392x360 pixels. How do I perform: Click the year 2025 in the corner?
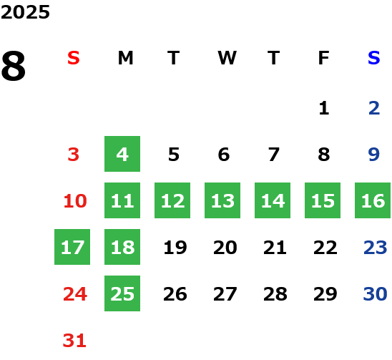point(25,12)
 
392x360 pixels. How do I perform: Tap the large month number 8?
point(14,66)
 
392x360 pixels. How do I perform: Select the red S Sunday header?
point(74,58)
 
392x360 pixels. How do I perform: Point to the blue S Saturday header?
point(374,58)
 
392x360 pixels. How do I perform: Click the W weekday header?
point(227,58)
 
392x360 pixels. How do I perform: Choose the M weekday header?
point(125,58)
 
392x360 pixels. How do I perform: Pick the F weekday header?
point(324,58)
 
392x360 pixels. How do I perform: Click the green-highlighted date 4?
point(122,154)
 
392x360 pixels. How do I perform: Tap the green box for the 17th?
point(72,247)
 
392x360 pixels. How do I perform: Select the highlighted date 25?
point(122,293)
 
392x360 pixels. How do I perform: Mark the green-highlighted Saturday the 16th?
point(373,200)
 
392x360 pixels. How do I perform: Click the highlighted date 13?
point(222,200)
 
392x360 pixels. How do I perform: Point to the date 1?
point(324,108)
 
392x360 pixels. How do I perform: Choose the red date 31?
point(74,341)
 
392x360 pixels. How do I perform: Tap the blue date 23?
point(376,248)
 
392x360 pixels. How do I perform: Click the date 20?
point(225,248)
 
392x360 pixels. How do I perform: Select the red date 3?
point(74,155)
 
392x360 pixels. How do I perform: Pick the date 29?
point(325,294)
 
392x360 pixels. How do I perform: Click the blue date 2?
point(374,108)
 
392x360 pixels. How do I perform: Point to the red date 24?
point(75,294)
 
